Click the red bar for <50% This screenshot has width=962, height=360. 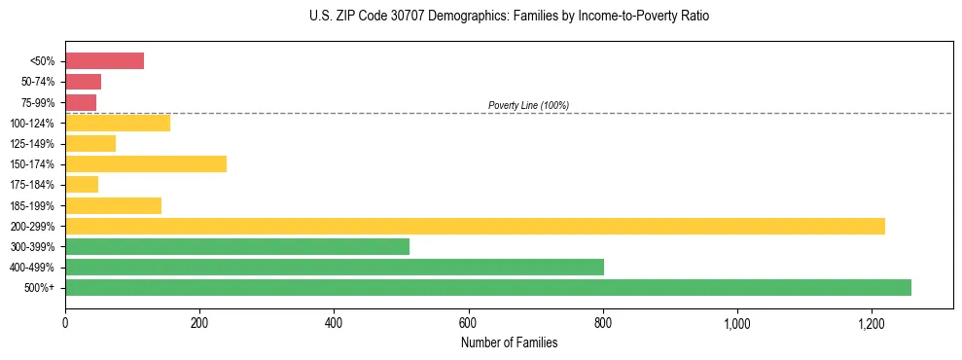click(104, 61)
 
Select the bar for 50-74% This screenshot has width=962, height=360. click(83, 82)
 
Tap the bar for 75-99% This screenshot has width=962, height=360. click(81, 102)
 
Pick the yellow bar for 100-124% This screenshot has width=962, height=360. click(118, 123)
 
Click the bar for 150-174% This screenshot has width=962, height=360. click(146, 163)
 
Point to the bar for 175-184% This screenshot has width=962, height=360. click(82, 184)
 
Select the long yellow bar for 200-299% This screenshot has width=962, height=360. click(475, 226)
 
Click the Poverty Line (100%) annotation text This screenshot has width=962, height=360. click(528, 105)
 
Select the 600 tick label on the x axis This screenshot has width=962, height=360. click(469, 322)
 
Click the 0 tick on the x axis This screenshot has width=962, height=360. click(65, 322)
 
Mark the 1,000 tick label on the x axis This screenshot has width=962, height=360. click(737, 322)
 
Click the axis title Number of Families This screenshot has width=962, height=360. click(509, 342)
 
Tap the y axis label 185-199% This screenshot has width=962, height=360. click(32, 205)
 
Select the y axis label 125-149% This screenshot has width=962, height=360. click(32, 143)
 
